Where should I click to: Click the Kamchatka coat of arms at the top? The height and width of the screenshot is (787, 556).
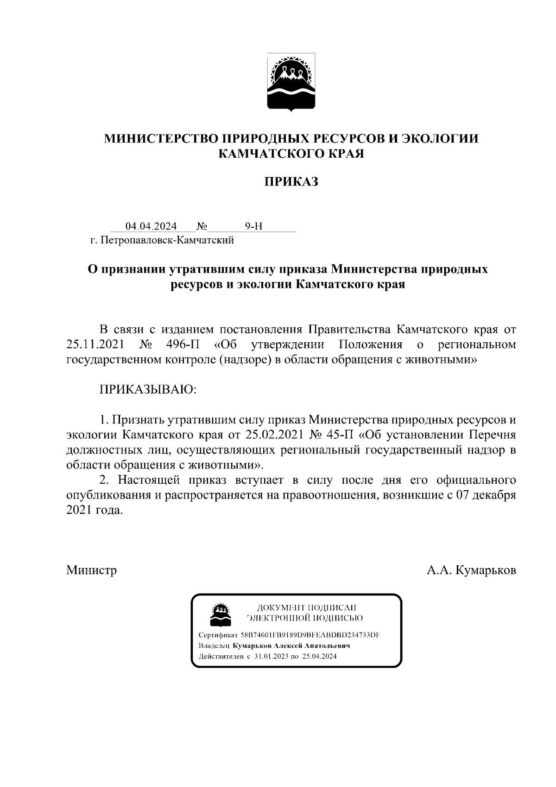click(291, 82)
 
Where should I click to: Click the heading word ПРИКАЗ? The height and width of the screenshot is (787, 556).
click(291, 182)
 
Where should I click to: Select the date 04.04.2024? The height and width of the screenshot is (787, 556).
click(151, 226)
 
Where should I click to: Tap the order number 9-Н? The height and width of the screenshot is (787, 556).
click(253, 226)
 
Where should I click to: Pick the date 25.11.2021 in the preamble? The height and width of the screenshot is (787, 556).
click(95, 345)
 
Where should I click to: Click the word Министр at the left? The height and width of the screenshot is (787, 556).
click(91, 570)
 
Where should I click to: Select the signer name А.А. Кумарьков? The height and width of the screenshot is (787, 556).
click(471, 570)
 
